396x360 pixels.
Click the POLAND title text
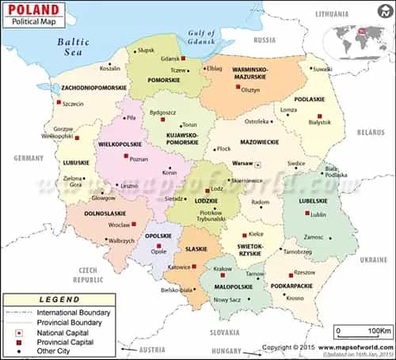click(x=35, y=10)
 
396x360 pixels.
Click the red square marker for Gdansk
click(x=183, y=59)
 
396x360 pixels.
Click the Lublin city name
click(x=319, y=214)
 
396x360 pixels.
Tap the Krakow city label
click(x=223, y=269)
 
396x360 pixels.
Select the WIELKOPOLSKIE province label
click(x=120, y=146)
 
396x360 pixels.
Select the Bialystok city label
click(x=319, y=123)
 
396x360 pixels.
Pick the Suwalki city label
click(x=322, y=69)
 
